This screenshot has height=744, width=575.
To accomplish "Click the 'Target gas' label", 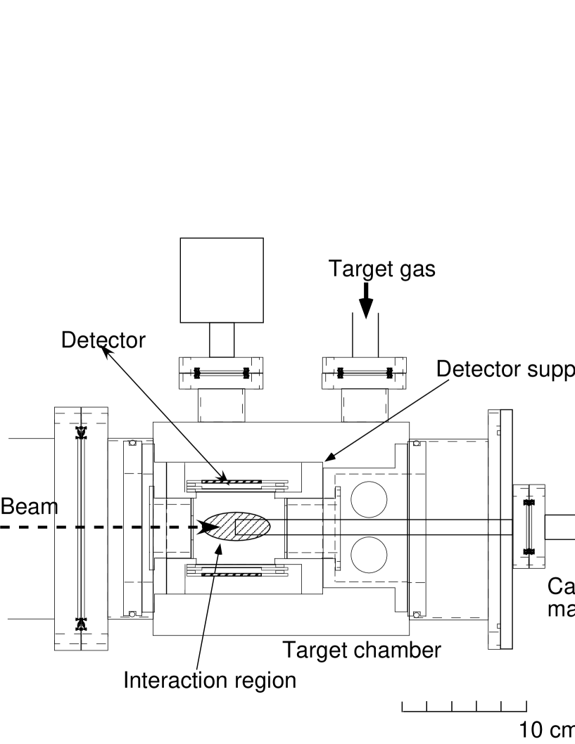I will (381, 269).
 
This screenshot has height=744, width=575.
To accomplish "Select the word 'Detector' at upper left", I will (103, 340).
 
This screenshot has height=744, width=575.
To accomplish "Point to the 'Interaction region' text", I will (210, 680).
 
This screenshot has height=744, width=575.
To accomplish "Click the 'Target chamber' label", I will (361, 650).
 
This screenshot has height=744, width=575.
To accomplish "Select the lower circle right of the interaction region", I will (369, 556).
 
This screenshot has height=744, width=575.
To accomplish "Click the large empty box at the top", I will (221, 280).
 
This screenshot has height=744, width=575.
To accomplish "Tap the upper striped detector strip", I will (231, 482).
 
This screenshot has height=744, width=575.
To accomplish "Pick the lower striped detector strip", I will (231, 575).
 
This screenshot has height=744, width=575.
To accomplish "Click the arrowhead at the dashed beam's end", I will (209, 527).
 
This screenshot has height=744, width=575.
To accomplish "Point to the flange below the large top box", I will (221, 373).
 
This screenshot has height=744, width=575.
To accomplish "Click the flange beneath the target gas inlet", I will (364, 373).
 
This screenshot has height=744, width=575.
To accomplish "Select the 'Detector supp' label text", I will (505, 368).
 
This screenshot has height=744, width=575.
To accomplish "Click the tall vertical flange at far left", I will (81, 528).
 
